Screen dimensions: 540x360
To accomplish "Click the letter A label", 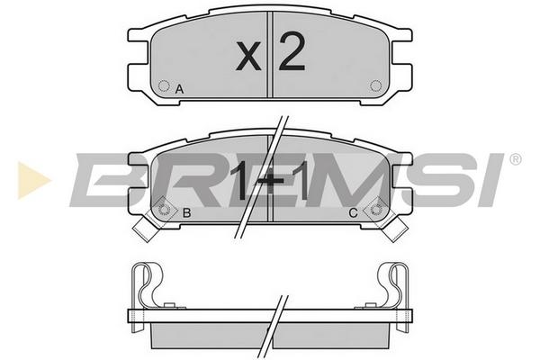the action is point(179,89).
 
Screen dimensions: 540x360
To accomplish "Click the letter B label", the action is point(186,212).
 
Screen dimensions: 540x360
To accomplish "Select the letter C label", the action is point(353,213).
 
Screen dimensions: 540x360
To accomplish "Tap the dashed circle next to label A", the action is point(164,85).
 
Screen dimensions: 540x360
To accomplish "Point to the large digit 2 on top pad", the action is point(292,51).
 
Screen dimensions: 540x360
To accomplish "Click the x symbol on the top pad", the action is point(248,56).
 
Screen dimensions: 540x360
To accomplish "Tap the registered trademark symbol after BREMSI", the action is point(515,159).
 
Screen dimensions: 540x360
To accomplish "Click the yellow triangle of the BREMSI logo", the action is point(33,180).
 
